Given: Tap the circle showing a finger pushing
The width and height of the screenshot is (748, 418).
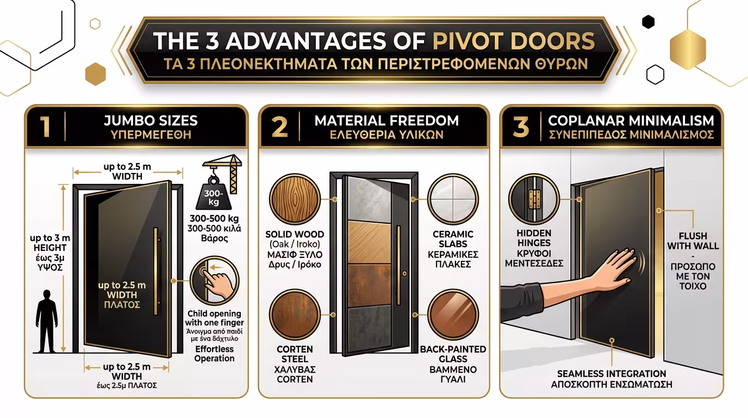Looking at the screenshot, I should pos(215,281).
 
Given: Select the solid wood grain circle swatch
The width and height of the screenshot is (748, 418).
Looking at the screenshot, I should pos(295,199).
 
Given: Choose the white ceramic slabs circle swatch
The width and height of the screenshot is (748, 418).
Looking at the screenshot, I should pos(453,199).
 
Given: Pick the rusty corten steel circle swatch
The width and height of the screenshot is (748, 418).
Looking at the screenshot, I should pos(295,315).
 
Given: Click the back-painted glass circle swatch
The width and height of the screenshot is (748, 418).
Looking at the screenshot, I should pos(453,315).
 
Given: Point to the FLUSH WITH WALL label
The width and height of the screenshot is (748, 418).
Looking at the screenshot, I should pos(692,241).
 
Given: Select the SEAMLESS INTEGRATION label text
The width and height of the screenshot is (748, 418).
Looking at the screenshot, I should pos(611,373).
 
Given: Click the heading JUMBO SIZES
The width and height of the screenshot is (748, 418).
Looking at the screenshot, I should pos(151,120).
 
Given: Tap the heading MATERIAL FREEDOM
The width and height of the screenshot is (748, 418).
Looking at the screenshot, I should pos(387,120).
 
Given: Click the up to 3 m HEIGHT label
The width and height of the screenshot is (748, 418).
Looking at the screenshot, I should pos(50,243).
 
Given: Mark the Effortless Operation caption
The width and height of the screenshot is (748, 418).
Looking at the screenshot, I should pos(214,353).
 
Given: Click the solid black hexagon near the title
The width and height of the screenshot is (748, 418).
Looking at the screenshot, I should pos(648,22).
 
